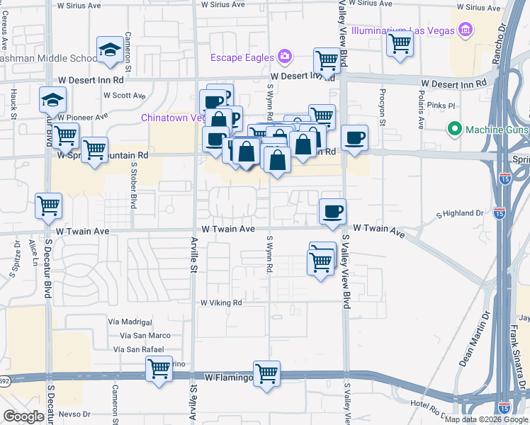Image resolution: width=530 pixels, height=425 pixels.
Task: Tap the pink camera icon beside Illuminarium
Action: (x=466, y=30)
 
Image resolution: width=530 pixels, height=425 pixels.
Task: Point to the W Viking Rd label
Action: (x=221, y=302)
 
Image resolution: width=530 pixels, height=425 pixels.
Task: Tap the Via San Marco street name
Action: (x=145, y=335)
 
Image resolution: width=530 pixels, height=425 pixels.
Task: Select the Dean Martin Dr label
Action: (x=475, y=340)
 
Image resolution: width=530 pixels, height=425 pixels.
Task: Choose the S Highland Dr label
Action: (x=459, y=212)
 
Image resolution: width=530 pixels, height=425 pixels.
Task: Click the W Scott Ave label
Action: (x=124, y=95)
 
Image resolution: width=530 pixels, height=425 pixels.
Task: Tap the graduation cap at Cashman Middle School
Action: (x=110, y=49)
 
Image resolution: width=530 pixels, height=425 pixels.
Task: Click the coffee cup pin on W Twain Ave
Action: (x=332, y=210)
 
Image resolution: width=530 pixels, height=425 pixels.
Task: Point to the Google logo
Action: (x=23, y=416)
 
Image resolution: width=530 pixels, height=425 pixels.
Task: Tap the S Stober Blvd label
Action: (x=133, y=184)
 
